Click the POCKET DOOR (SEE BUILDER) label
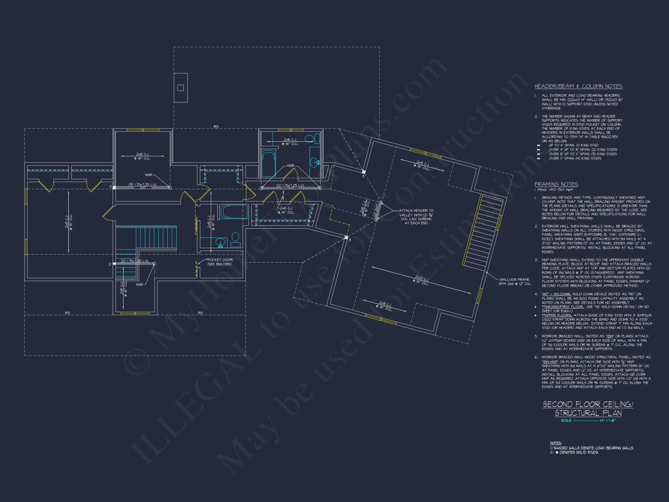point(219,262)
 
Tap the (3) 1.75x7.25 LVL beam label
point(142,185)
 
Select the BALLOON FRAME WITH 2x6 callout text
point(514,281)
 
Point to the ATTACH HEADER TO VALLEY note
point(416,217)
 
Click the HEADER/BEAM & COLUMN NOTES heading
point(578,86)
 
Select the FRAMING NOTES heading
point(556,184)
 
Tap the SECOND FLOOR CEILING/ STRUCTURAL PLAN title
point(588,409)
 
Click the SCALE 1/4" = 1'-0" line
point(588,420)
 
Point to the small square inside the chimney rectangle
point(181,88)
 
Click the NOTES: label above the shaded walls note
point(556,443)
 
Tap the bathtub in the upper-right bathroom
point(268,163)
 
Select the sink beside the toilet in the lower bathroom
point(220,242)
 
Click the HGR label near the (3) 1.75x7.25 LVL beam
point(148,175)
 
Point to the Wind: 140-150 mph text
point(552,190)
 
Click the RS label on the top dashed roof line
point(216,127)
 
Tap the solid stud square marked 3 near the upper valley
point(363,172)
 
